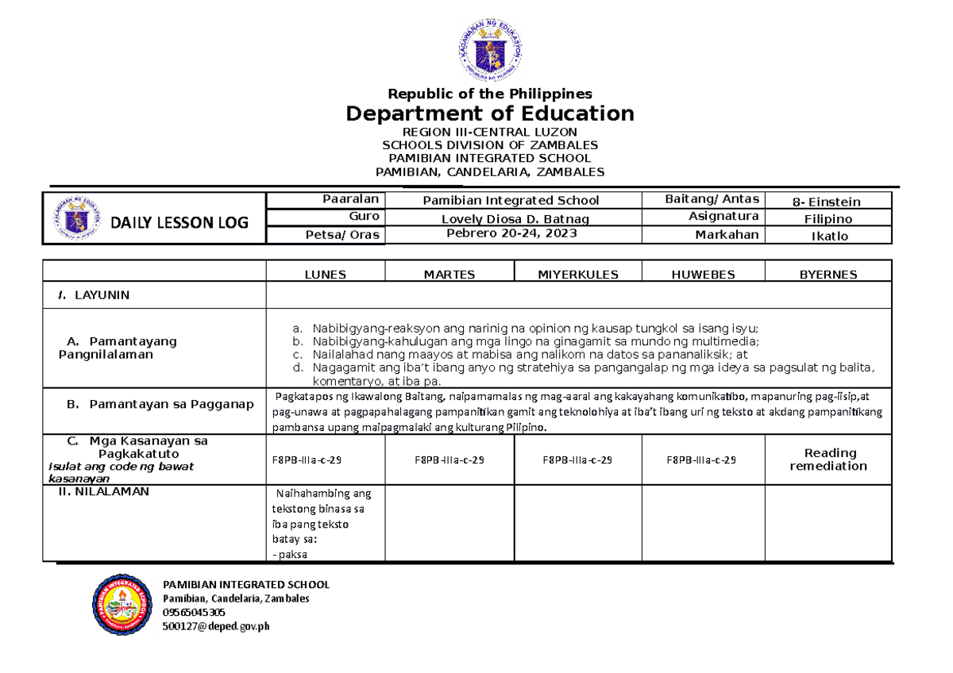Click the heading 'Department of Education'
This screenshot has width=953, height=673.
point(490,113)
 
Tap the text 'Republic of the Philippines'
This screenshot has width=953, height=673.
point(490,94)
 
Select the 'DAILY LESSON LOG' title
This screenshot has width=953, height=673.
point(179,223)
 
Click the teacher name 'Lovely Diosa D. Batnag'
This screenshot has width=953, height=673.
point(515,218)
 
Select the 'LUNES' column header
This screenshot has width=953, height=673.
point(326,275)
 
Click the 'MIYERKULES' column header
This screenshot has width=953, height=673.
point(578,275)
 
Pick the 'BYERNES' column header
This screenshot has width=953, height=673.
point(828,275)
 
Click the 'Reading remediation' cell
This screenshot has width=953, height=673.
point(828,460)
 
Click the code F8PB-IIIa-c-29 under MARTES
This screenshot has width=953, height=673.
point(449,460)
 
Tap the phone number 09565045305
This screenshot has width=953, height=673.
point(194,612)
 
